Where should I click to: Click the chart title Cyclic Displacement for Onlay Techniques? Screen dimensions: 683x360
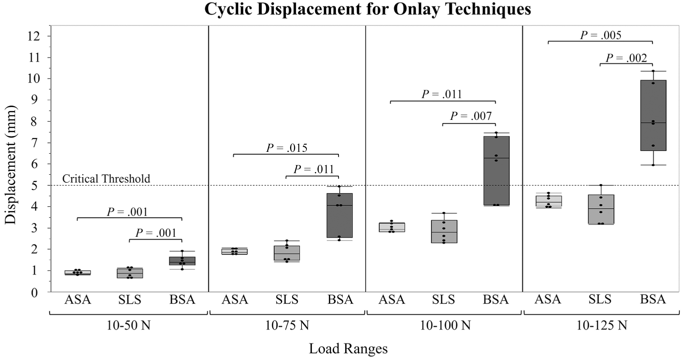click(367, 9)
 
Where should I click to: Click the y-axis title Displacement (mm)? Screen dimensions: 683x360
click(10, 165)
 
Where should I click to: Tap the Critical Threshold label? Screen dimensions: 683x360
click(106, 178)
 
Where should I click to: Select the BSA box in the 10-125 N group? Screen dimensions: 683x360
click(653, 115)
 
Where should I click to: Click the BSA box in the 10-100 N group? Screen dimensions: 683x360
click(496, 170)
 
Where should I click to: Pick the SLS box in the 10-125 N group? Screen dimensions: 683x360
click(601, 209)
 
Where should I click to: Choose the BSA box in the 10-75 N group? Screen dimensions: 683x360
click(340, 215)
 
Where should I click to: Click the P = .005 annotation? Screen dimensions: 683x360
click(601, 35)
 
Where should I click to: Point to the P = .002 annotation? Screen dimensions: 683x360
click(626, 58)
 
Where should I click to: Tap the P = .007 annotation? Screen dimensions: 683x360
click(471, 116)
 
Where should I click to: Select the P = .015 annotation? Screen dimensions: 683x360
click(287, 148)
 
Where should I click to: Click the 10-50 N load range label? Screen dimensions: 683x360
click(128, 326)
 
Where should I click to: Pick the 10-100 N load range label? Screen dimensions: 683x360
click(445, 326)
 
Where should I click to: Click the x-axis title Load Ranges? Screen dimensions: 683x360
click(348, 349)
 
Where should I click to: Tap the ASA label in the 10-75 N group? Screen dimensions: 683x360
click(235, 300)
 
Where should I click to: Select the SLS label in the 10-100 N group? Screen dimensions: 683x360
click(444, 300)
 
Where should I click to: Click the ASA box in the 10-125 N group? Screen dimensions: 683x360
click(549, 201)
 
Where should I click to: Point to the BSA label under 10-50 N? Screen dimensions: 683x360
click(182, 300)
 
